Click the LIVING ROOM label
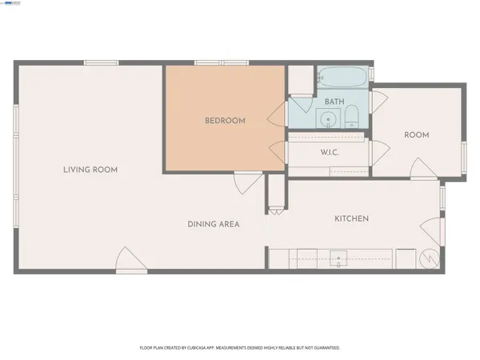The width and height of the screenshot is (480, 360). [x=90, y=170]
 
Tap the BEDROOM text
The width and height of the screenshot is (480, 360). [x=225, y=121]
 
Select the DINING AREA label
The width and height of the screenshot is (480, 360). [x=214, y=224]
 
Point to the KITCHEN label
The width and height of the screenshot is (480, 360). [x=351, y=218]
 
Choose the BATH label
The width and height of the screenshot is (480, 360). [x=334, y=102]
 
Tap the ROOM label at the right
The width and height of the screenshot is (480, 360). [x=417, y=135]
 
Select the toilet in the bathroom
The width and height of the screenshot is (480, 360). [x=352, y=119]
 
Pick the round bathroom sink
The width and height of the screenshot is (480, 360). [x=328, y=120]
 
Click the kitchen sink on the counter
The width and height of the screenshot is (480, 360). [x=338, y=259]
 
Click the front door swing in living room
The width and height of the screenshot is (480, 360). [x=127, y=261]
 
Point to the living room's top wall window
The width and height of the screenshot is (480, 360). [x=101, y=63]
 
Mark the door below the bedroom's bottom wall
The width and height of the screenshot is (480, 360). [x=241, y=184]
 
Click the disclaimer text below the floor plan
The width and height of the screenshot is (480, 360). [x=240, y=348]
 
